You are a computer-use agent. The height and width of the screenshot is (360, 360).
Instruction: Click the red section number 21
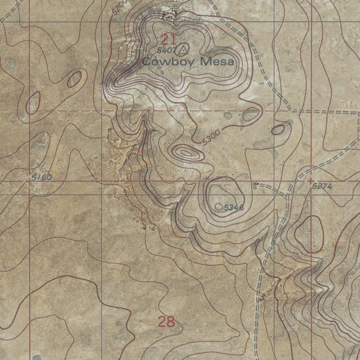pyautogui.click(x=168, y=39)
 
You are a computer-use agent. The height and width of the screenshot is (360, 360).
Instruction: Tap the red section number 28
pyautogui.click(x=166, y=321)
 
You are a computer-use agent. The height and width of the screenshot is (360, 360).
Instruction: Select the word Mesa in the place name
pyautogui.click(x=217, y=62)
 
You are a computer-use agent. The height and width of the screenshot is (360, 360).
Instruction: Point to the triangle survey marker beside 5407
pyautogui.click(x=182, y=50)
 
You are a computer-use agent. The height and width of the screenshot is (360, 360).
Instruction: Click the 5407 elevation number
pyautogui.click(x=165, y=50)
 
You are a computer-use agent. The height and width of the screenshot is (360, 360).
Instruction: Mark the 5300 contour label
pyautogui.click(x=211, y=137)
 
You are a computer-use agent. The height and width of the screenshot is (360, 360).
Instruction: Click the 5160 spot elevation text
pyautogui.click(x=41, y=178)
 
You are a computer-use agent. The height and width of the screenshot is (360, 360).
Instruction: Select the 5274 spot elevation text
pyautogui.click(x=322, y=186)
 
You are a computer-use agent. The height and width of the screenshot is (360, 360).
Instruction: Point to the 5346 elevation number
pyautogui.click(x=233, y=207)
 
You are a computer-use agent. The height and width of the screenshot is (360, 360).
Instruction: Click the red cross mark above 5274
pyautogui.click(x=310, y=181)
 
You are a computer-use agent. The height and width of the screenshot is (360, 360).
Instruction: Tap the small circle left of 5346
pyautogui.click(x=219, y=207)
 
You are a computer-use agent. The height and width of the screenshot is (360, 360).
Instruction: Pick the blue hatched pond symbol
pyautogui.click(x=37, y=357)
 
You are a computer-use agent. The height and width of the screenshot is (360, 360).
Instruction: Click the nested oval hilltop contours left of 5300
pyautogui.click(x=186, y=153)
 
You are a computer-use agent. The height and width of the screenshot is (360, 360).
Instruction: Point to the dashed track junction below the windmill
pyautogui.click(x=288, y=195)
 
